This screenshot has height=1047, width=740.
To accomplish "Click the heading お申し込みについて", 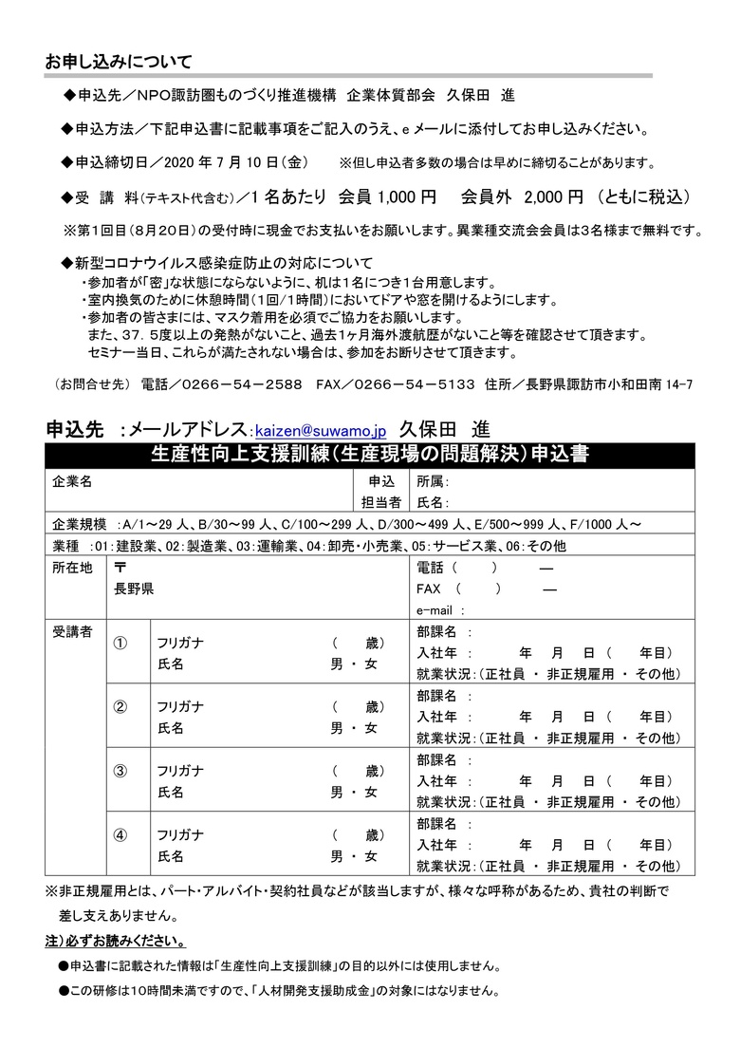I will click(x=119, y=63).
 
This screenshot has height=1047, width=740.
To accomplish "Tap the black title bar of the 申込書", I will click(x=369, y=454).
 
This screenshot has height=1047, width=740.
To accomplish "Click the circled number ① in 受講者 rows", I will click(x=120, y=645).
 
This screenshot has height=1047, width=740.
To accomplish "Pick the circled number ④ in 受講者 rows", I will click(x=120, y=836).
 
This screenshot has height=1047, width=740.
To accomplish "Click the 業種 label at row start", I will click(x=66, y=546).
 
